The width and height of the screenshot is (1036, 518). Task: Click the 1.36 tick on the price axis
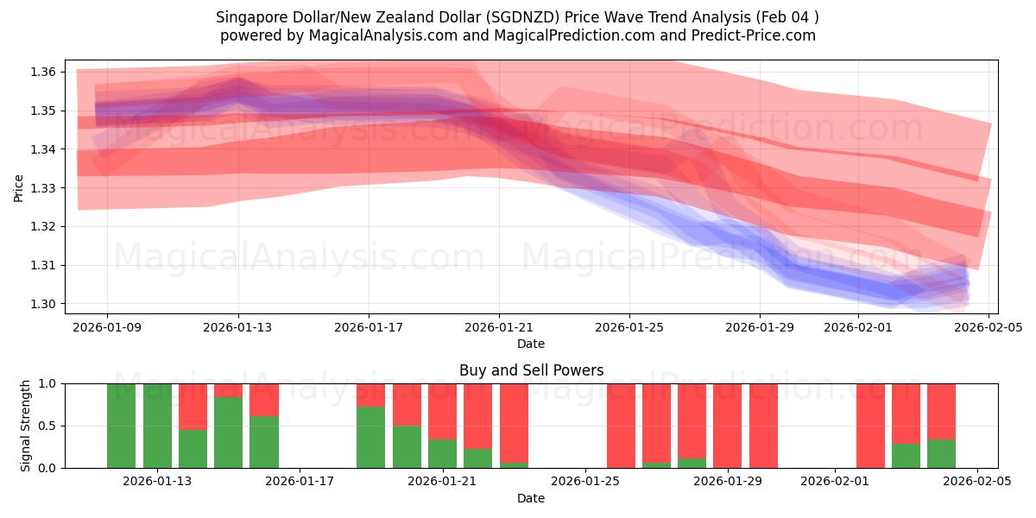click(45, 72)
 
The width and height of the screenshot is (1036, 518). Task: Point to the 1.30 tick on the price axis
click(45, 304)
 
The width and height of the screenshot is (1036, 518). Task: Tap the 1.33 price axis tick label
click(45, 188)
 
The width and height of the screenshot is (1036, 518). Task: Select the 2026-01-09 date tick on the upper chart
click(108, 327)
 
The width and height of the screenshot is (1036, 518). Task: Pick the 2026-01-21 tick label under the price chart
click(499, 327)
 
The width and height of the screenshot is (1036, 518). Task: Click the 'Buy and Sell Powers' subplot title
click(531, 370)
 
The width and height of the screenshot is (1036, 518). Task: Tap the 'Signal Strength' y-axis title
click(26, 426)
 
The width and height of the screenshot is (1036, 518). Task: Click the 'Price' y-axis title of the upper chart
click(19, 187)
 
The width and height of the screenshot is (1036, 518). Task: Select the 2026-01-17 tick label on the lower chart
click(300, 482)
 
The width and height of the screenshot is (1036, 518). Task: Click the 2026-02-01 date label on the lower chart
click(836, 482)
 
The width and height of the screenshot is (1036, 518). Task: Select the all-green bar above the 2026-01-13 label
click(157, 426)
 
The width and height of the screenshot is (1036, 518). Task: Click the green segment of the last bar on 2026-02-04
click(941, 453)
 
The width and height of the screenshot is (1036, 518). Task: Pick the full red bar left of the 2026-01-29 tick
click(728, 426)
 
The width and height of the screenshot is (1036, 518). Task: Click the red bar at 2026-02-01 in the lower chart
click(870, 426)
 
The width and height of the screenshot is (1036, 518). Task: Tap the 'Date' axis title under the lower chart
click(531, 498)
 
